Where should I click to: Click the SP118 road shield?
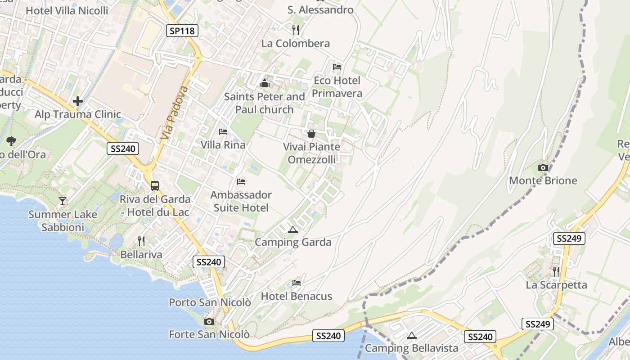(182, 31)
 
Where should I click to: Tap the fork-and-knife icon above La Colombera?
(296, 30)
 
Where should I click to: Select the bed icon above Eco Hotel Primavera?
(337, 67)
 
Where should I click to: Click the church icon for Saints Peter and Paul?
(264, 83)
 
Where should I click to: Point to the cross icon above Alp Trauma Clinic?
(78, 101)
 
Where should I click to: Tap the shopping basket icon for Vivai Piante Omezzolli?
(311, 134)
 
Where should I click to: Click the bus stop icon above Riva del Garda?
(155, 185)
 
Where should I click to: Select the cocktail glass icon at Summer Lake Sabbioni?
(63, 201)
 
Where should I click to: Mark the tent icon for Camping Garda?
(293, 230)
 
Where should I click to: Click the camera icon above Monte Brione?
(543, 168)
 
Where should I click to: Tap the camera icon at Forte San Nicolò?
(209, 321)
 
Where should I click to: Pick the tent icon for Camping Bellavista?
(411, 335)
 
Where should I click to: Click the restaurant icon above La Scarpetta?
(556, 271)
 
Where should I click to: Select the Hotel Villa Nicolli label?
(67, 10)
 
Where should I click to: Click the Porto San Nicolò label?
(210, 302)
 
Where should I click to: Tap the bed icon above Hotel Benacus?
(296, 283)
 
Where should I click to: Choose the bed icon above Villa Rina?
(223, 132)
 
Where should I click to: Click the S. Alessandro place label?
(320, 10)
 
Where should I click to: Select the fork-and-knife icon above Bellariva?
(141, 241)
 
